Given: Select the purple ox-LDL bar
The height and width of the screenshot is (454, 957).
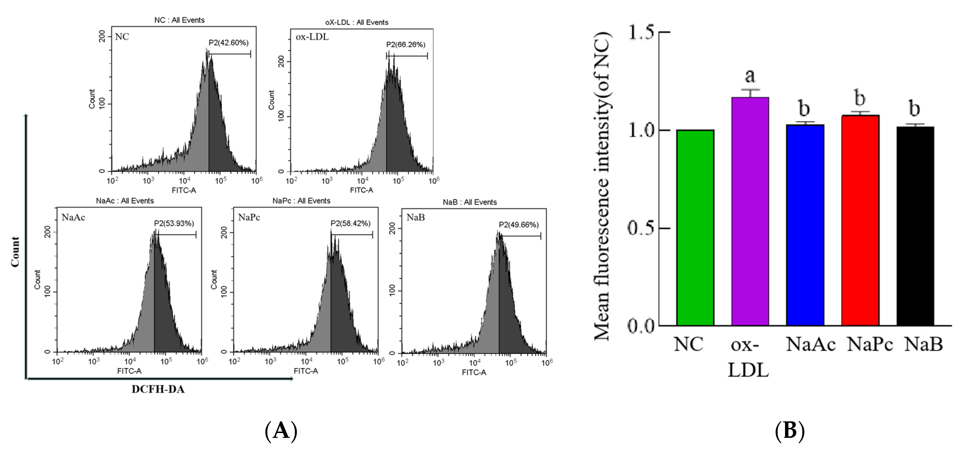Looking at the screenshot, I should pyautogui.click(x=750, y=212).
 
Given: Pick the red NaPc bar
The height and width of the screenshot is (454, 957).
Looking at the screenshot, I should pyautogui.click(x=860, y=221).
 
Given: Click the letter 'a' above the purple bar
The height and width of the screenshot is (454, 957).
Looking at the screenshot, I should pyautogui.click(x=750, y=76).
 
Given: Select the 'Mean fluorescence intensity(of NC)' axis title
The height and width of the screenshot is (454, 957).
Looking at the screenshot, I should pyautogui.click(x=602, y=186).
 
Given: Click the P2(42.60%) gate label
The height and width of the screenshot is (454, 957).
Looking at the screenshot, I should pyautogui.click(x=228, y=43).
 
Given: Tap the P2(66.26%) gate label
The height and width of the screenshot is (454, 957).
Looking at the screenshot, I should pyautogui.click(x=405, y=45).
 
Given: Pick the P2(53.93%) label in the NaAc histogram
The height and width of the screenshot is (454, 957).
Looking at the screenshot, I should pyautogui.click(x=174, y=223).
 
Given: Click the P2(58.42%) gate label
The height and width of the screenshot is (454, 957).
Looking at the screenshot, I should pyautogui.click(x=350, y=223).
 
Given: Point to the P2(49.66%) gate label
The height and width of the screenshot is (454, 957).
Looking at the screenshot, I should pyautogui.click(x=518, y=225).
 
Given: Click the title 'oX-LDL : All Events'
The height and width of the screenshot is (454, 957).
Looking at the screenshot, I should pyautogui.click(x=357, y=22).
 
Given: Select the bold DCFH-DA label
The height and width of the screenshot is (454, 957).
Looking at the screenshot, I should pyautogui.click(x=158, y=389).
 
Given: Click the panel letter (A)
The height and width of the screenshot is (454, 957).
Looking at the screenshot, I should pyautogui.click(x=281, y=431).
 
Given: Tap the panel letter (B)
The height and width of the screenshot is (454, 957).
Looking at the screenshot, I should pyautogui.click(x=790, y=431).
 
